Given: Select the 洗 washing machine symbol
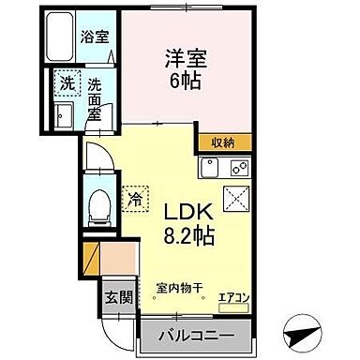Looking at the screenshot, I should point(67,82).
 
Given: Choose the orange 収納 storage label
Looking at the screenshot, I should point(222,142).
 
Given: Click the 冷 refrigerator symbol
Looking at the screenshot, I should point(135,198).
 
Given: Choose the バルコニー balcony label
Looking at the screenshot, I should point(196,333).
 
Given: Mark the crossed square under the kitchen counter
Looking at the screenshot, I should point(236,197).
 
